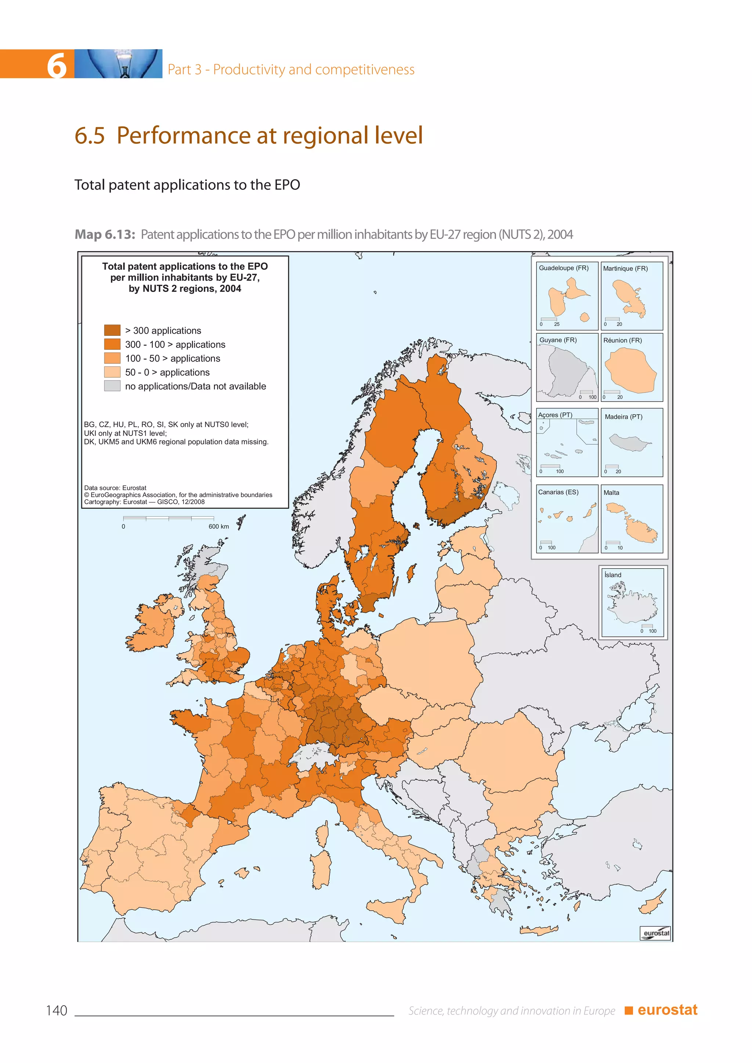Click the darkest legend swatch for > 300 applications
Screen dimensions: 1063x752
[112, 330]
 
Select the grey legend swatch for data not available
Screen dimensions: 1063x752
[112, 386]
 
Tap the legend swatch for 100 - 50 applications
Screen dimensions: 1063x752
[112, 358]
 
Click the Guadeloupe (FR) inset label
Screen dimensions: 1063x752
[563, 268]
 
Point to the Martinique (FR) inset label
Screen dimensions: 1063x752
[625, 269]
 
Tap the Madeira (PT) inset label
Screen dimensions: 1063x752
[623, 417]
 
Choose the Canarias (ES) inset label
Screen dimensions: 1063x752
[558, 492]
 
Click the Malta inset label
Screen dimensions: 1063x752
[611, 493]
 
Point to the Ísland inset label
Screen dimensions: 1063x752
[612, 575]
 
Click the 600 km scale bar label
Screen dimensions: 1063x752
[218, 526]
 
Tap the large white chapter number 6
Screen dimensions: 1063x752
[57, 65]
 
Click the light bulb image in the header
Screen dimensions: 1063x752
[119, 64]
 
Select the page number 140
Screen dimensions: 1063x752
[57, 1011]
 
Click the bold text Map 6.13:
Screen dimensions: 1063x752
[105, 234]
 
